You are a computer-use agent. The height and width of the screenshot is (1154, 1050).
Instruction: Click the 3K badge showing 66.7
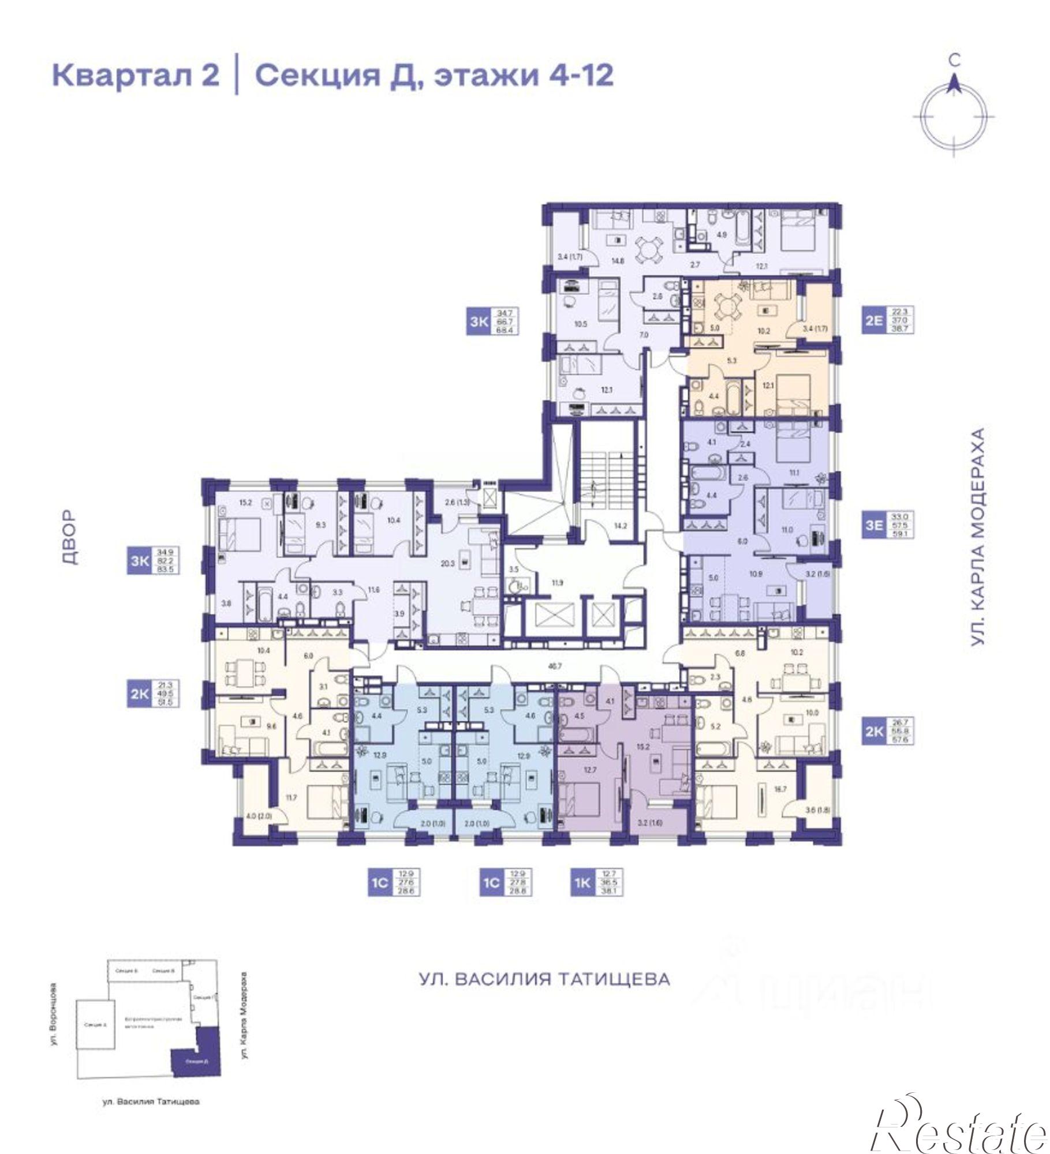[479, 321]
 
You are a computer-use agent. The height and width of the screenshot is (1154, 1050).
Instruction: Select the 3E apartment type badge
[873, 524]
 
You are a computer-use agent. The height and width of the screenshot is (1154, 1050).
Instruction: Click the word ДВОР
[69, 536]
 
